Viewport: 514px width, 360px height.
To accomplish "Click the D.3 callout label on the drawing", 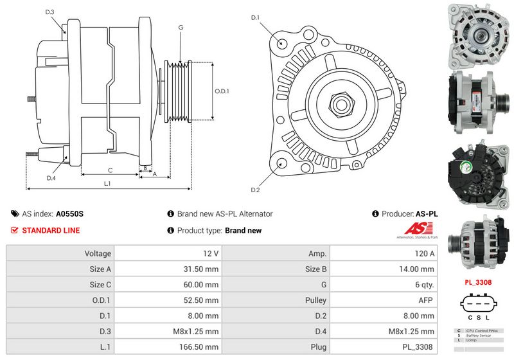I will point(50,12).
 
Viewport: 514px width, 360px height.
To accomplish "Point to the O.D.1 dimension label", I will point(222,91).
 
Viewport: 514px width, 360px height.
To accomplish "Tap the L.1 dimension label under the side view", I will point(107,184).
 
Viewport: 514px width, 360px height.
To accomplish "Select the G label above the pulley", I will point(181,28).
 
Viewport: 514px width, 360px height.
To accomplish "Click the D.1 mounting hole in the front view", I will point(282,43).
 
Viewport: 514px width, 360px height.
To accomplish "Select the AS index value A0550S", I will point(69,214).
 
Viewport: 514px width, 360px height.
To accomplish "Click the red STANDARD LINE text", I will point(51,231).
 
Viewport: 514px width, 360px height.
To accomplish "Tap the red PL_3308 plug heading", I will point(478,282).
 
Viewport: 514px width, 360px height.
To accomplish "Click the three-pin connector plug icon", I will point(478,303).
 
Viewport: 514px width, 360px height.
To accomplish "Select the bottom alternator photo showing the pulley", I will point(478,242).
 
